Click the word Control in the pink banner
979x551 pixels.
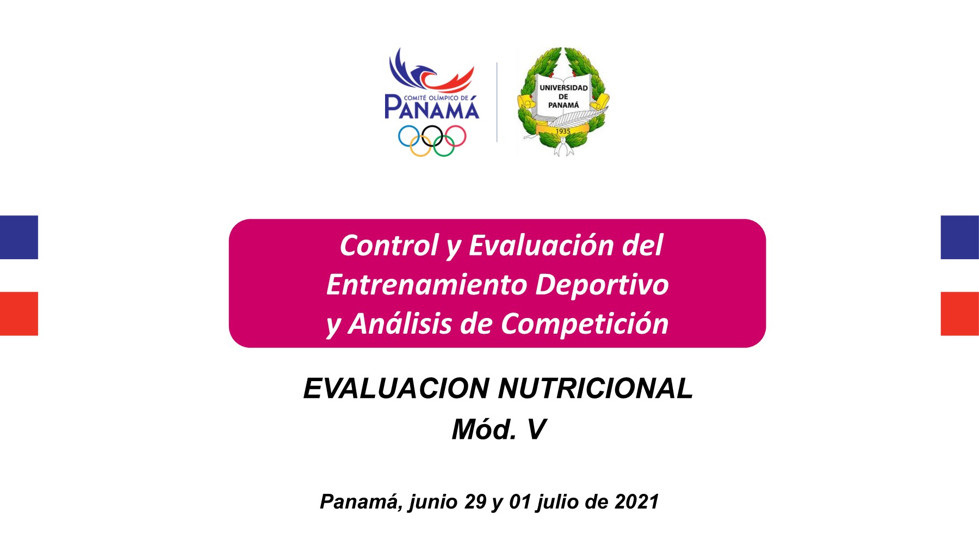tap(389, 246)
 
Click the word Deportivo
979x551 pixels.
tap(602, 285)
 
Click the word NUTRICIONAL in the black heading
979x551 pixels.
tap(595, 389)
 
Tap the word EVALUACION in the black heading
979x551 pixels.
tap(396, 389)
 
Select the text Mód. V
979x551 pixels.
tap(498, 430)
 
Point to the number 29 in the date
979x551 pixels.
tap(475, 501)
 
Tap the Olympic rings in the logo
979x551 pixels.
tap(432, 140)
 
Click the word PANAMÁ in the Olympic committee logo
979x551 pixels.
tap(432, 107)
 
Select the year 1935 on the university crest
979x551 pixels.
tap(563, 131)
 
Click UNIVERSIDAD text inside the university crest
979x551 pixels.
tap(563, 88)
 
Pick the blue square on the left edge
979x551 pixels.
tap(19, 237)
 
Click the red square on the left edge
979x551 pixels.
tap(19, 314)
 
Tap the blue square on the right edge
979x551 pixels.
tap(960, 237)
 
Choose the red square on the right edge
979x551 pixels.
tap(960, 314)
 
